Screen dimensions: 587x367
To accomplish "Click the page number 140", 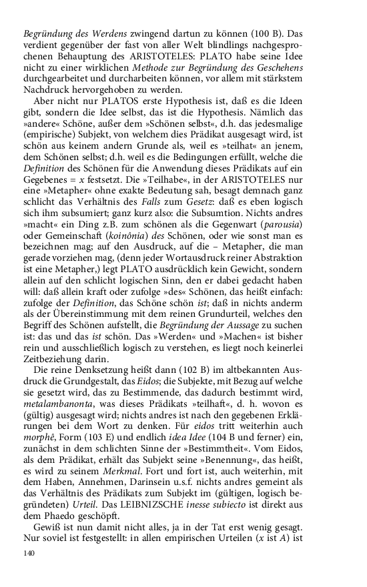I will (x=30, y=553).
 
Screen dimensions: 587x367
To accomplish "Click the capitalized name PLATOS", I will (x=103, y=101).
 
